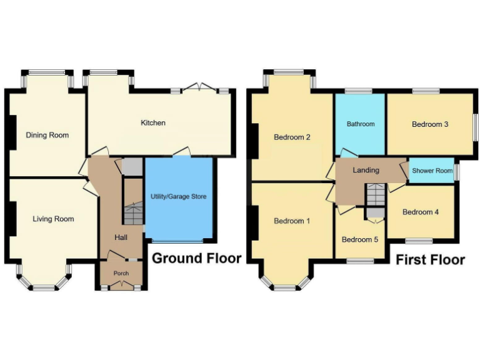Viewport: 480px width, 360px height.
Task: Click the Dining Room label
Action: (x=47, y=135)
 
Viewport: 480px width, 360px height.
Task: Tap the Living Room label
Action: (x=53, y=219)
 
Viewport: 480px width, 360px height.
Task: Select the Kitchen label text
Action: (x=153, y=122)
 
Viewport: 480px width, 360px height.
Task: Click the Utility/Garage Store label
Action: (x=178, y=197)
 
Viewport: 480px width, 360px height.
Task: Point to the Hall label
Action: (x=121, y=237)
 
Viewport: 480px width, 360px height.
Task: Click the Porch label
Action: (x=121, y=273)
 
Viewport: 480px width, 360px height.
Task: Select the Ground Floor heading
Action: (x=196, y=258)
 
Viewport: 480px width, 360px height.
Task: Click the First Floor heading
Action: (x=430, y=259)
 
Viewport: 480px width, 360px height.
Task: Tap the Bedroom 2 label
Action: (x=292, y=137)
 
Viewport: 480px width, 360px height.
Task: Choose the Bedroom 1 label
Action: (x=292, y=221)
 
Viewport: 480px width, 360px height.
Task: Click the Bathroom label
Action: (x=361, y=124)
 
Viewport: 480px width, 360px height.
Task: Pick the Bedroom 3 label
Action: (x=429, y=124)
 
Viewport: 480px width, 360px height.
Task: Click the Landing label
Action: (x=366, y=170)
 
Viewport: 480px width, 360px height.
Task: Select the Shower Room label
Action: (x=432, y=171)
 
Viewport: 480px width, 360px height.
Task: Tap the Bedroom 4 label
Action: (x=420, y=212)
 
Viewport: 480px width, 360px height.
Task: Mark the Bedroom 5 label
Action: (x=360, y=239)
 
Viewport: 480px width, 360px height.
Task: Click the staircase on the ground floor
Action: (x=132, y=212)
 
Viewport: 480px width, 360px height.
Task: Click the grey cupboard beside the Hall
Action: (x=132, y=167)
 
